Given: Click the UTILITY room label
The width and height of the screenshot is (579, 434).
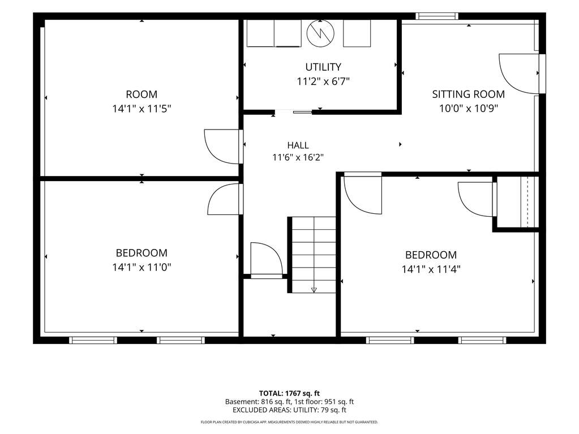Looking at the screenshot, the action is [323, 67].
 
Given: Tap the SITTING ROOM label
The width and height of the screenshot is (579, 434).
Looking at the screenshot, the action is [468, 94].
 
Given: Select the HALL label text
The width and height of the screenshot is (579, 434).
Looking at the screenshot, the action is [298, 145].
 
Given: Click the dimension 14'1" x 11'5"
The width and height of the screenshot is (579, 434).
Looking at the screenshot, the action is [142, 109].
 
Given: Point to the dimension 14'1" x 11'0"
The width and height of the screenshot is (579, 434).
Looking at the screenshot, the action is [142, 267].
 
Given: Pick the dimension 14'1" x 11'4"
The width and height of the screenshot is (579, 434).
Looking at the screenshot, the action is [431, 269].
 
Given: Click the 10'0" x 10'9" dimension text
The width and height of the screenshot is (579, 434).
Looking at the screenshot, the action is [468, 109].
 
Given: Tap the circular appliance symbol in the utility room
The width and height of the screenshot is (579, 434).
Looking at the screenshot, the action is [320, 33].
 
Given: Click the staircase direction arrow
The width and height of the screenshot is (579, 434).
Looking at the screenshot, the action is [314, 290].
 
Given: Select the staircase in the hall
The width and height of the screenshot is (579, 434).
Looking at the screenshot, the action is [312, 255].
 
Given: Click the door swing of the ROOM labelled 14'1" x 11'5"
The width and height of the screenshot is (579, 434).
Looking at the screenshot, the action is [222, 147].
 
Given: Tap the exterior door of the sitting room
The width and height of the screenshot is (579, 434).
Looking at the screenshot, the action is [521, 74].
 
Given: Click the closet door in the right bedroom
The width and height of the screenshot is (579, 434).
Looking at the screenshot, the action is [477, 199].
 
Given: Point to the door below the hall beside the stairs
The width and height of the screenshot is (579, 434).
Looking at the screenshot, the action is [266, 260].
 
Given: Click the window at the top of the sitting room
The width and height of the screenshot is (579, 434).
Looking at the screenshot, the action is [437, 16].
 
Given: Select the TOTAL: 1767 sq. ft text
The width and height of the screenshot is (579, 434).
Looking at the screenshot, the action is [289, 393].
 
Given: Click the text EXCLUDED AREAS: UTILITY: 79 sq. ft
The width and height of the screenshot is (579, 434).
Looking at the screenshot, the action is [290, 410].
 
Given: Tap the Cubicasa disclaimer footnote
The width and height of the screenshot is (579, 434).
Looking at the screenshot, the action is [289, 422].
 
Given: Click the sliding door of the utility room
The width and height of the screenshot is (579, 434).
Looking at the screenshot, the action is [294, 111].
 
